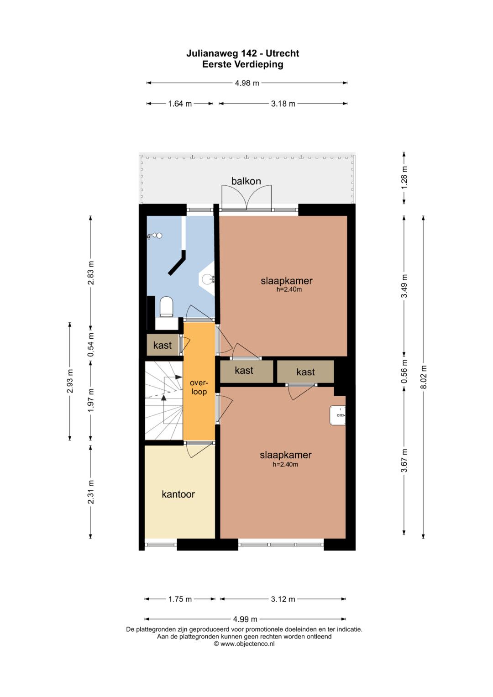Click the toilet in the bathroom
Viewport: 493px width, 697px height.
point(166,307)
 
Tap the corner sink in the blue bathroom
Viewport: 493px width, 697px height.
point(207,278)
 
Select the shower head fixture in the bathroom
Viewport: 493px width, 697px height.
point(154,236)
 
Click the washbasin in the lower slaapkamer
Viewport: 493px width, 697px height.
point(337,415)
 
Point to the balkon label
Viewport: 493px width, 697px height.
point(246,181)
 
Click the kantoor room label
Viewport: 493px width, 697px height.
point(178,494)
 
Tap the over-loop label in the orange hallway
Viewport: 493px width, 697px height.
point(199,388)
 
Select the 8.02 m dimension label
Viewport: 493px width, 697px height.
point(423,377)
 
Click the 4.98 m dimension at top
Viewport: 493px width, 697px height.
point(247,83)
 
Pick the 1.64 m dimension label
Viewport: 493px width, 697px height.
point(180,104)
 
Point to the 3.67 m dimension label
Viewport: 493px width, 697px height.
point(404,461)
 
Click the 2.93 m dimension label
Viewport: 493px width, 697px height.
point(70,381)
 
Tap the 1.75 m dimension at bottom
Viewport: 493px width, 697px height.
point(180,599)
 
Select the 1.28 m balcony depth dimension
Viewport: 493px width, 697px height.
point(404,178)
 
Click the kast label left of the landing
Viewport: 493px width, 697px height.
point(162,345)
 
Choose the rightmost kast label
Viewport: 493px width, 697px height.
point(305,372)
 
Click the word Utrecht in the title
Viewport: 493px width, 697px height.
point(283,53)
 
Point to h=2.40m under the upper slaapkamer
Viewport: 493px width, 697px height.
point(289,289)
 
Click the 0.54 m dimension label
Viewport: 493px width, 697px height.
point(90,345)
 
